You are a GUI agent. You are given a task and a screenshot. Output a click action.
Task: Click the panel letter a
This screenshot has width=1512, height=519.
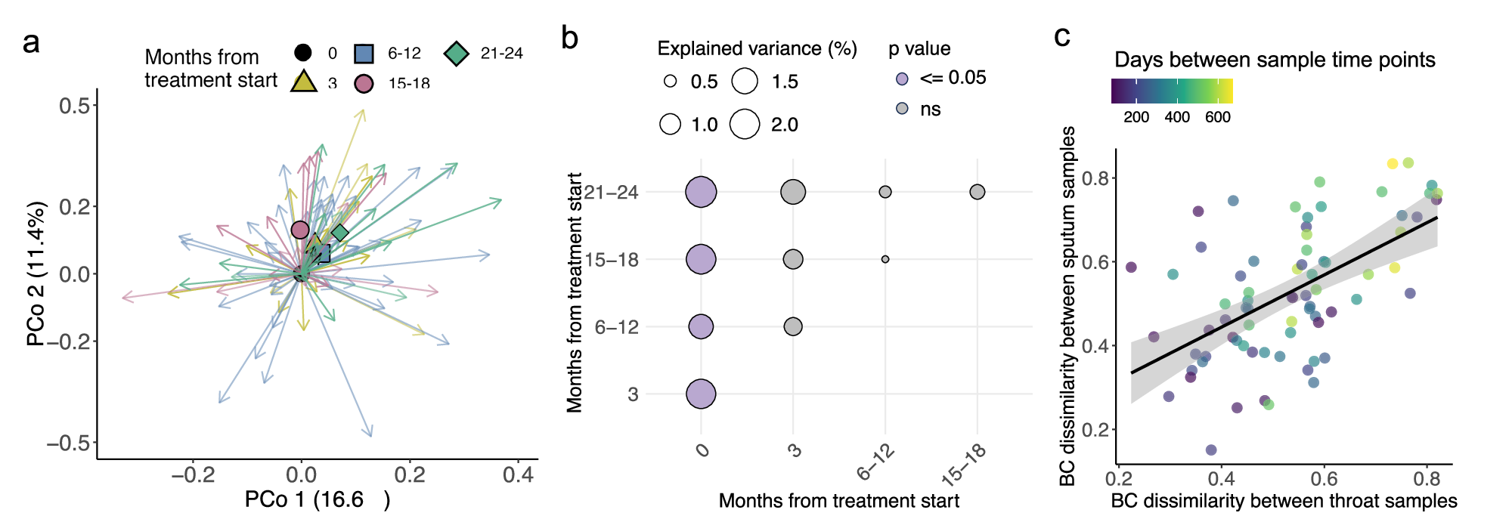pos(30,43)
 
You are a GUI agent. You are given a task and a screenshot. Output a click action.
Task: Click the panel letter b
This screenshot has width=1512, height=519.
pos(569,39)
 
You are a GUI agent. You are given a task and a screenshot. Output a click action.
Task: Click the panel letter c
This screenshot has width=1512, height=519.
pos(1061,36)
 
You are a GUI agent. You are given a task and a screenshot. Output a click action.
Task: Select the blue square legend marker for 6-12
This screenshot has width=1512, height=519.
pos(364,54)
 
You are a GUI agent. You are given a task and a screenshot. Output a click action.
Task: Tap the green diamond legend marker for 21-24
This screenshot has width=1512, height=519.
pos(456,54)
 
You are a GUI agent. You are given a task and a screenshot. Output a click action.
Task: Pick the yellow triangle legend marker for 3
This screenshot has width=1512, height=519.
pos(303,82)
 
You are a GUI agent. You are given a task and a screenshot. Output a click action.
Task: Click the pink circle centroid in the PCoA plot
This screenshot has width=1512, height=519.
pos(300,230)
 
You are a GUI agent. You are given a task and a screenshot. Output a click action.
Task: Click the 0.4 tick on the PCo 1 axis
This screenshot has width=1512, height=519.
pos(518,475)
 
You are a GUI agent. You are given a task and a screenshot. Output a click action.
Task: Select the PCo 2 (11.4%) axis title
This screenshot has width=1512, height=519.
pos(36,273)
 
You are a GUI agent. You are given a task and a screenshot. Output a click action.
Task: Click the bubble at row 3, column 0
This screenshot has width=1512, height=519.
pos(701,394)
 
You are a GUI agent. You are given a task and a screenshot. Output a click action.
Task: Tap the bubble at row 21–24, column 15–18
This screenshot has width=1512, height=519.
pos(977,192)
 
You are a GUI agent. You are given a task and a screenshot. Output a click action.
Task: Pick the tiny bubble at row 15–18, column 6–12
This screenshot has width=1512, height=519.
pos(885,259)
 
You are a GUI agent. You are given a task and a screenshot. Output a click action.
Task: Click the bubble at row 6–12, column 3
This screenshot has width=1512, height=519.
pos(792,326)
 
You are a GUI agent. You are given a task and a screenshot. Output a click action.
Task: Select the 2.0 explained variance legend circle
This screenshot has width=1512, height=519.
pos(745,124)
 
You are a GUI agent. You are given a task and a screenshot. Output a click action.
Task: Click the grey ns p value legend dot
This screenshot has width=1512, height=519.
pos(901,109)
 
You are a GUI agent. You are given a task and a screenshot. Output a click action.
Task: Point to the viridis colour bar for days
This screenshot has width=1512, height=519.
pos(1172,91)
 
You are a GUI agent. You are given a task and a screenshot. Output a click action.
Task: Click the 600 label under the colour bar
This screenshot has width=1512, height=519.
pos(1217,117)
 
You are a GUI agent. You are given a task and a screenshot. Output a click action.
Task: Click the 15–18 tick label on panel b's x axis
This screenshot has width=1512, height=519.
pos(965,464)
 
